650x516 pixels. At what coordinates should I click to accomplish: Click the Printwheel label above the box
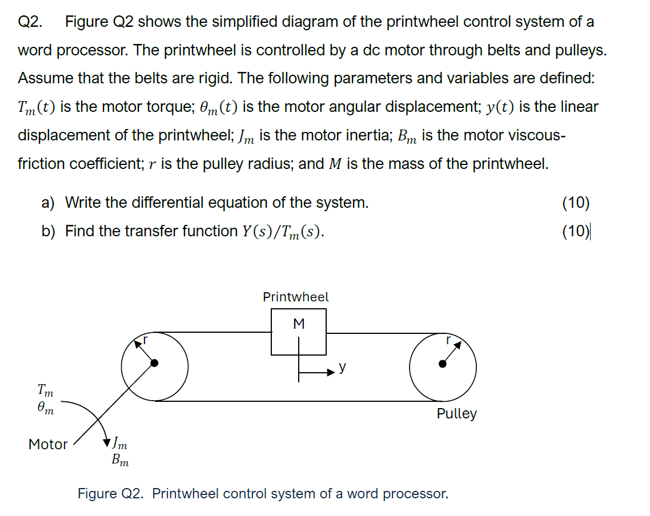click(x=295, y=297)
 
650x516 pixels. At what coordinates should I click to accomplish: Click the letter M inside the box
click(x=298, y=324)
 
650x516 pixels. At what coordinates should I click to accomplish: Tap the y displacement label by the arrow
click(x=342, y=368)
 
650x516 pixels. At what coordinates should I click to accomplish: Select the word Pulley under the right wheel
click(x=456, y=414)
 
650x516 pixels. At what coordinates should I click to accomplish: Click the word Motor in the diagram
click(x=48, y=444)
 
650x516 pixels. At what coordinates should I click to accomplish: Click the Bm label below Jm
click(x=120, y=459)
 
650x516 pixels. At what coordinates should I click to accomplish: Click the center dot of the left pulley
click(x=154, y=363)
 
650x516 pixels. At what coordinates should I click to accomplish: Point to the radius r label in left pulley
click(x=145, y=339)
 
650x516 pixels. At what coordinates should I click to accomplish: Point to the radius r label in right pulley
click(x=449, y=339)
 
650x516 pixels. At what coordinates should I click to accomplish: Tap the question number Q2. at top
click(x=30, y=22)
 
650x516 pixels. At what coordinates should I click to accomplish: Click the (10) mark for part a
click(x=576, y=202)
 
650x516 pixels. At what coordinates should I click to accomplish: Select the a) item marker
click(x=48, y=202)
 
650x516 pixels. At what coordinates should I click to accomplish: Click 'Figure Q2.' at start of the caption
click(x=112, y=493)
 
